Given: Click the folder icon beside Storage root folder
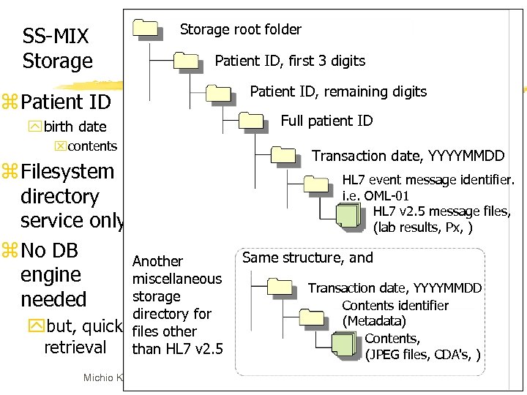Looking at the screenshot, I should (146, 29).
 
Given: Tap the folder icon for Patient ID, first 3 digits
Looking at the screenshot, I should (187, 61).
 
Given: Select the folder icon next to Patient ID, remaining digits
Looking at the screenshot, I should (219, 92).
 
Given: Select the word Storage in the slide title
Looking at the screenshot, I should (58, 61).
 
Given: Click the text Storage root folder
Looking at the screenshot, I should (241, 29).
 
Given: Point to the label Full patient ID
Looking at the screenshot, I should (326, 121).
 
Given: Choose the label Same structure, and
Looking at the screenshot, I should (307, 257).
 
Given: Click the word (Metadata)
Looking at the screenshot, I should (374, 321).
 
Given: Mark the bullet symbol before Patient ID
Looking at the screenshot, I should (29, 101).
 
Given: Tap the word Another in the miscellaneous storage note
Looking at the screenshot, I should (157, 261).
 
